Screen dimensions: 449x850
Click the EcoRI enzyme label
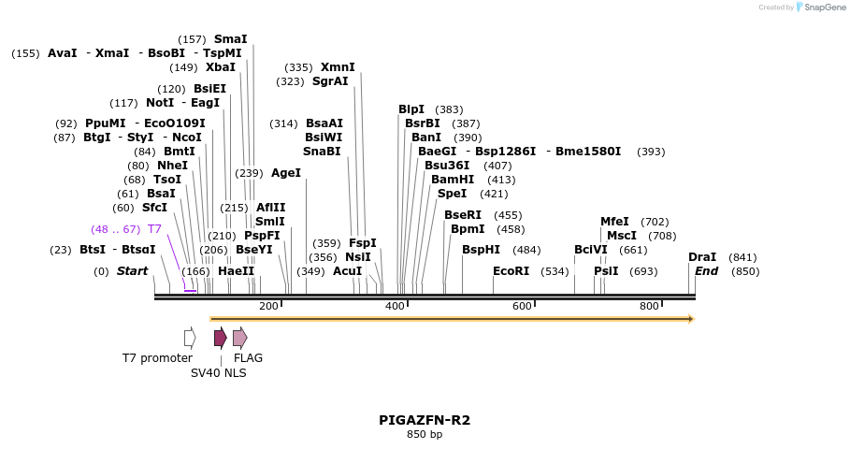pyautogui.click(x=511, y=271)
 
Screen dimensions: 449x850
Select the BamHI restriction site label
pyautogui.click(x=453, y=179)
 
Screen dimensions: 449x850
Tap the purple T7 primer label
pyautogui.click(x=154, y=228)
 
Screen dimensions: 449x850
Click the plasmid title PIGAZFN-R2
pyautogui.click(x=425, y=420)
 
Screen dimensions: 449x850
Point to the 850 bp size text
pyautogui.click(x=425, y=434)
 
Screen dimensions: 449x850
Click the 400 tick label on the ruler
pyautogui.click(x=395, y=306)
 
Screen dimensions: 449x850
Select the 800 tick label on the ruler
pyautogui.click(x=649, y=306)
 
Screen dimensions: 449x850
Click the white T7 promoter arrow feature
pyautogui.click(x=190, y=338)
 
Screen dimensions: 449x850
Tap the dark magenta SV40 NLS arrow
pyautogui.click(x=220, y=338)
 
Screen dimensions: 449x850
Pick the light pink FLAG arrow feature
pyautogui.click(x=239, y=338)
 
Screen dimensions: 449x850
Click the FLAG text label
pyautogui.click(x=248, y=357)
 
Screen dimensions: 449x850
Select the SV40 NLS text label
pyautogui.click(x=219, y=372)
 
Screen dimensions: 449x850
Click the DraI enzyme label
pyautogui.click(x=702, y=257)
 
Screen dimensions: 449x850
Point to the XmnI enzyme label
pyautogui.click(x=338, y=67)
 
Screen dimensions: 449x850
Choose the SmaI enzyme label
pyautogui.click(x=230, y=39)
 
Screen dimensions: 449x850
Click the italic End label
pyautogui.click(x=706, y=271)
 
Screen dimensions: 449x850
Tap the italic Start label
pyautogui.click(x=132, y=271)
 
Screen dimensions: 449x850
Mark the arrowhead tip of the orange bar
pyautogui.click(x=693, y=319)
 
